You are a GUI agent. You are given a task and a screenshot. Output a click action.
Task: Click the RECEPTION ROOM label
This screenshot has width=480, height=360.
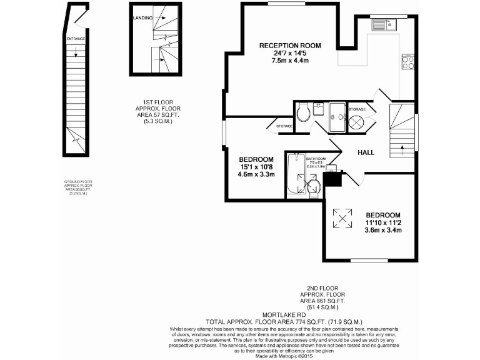pos(290,46)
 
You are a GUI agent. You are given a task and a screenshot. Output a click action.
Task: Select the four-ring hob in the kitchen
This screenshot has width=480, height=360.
pos(407,62)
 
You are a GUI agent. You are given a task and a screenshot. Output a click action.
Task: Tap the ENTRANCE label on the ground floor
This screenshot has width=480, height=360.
pos(75,39)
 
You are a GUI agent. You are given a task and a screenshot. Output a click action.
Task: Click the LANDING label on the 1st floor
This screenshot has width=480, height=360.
pos(142,19)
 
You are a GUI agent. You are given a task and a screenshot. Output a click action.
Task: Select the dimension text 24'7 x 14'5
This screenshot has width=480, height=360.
pos(290,53)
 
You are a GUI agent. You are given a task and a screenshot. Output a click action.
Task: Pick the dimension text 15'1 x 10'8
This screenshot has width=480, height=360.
pos(256,167)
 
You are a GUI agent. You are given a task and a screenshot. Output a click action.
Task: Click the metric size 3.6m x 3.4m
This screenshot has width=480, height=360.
pos(382,230)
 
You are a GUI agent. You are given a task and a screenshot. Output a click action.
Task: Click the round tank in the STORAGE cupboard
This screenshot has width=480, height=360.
pos(356,121)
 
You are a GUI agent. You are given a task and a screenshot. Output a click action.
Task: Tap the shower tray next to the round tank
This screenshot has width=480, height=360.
pos(337,117)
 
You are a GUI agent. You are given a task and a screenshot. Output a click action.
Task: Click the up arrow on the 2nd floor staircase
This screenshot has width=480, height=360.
pos(401,147)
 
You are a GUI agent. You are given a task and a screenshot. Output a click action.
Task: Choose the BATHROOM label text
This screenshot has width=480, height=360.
pos(316,159)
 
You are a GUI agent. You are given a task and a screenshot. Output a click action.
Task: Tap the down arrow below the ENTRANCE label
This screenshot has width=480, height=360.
pos(75,54)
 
